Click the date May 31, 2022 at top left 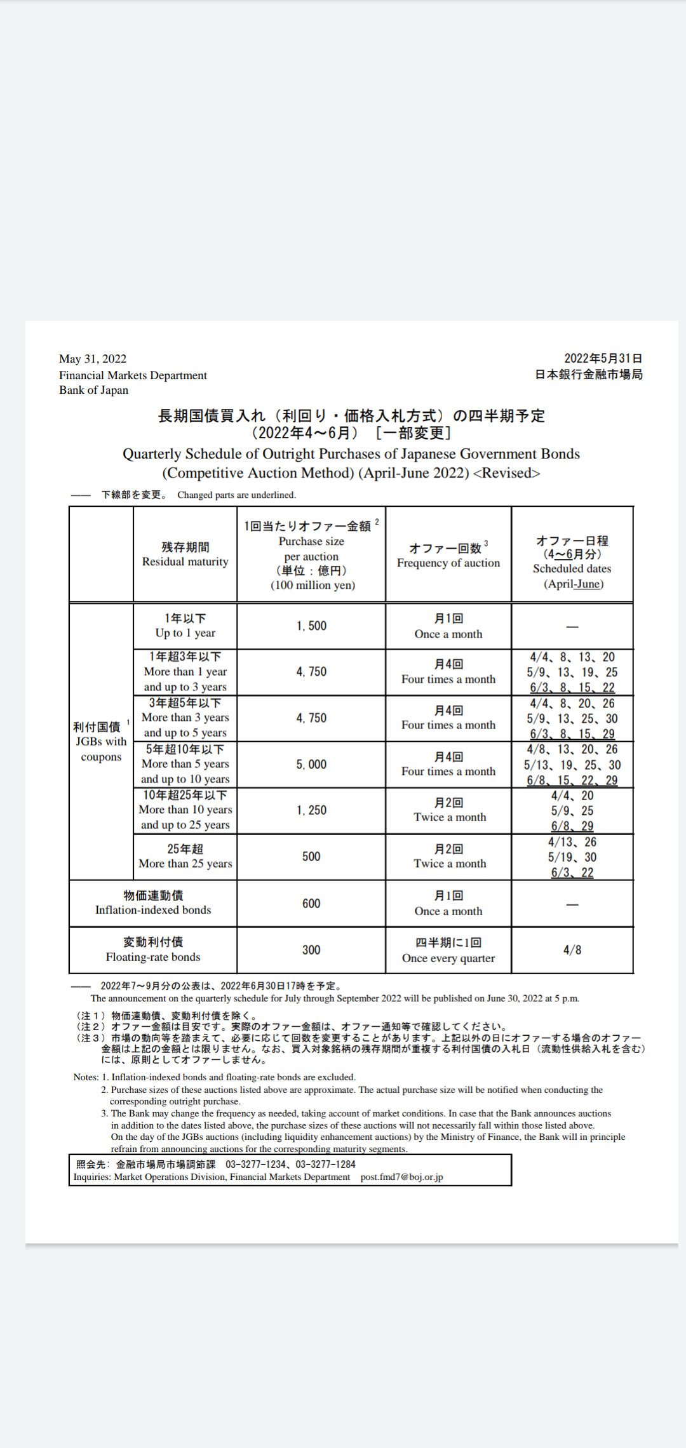(x=93, y=359)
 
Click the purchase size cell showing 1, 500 (x=311, y=626)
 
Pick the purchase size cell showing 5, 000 (x=311, y=765)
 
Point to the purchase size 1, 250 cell (x=311, y=810)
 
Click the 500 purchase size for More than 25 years (x=311, y=857)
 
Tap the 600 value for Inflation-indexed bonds (x=311, y=904)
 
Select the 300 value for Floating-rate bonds (x=311, y=950)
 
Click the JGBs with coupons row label (x=101, y=742)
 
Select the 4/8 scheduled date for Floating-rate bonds (x=572, y=950)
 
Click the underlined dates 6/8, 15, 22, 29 (x=572, y=781)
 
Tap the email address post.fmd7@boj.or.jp (x=401, y=1177)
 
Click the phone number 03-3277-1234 (x=255, y=1164)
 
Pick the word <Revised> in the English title (x=506, y=473)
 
